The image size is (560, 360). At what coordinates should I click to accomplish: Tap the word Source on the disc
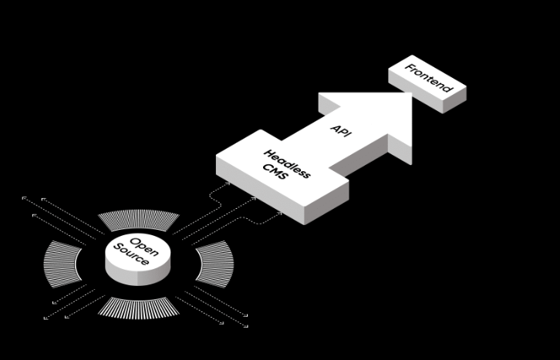[129, 255]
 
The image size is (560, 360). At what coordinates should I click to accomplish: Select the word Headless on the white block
[287, 163]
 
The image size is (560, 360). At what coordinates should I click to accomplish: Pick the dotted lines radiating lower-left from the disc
[66, 305]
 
